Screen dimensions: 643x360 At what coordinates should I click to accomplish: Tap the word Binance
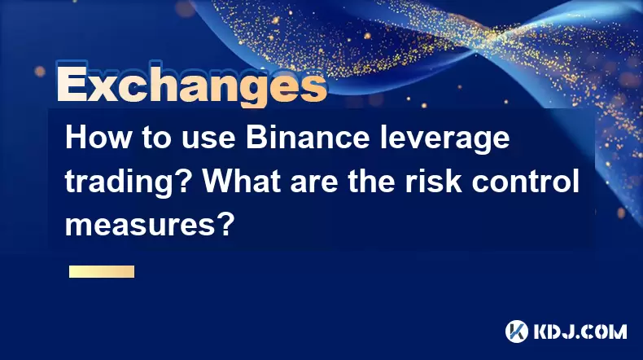308,138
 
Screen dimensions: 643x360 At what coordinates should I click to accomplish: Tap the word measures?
150,224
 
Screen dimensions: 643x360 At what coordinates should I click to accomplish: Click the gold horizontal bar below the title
102,272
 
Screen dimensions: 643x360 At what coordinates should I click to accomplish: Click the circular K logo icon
517,331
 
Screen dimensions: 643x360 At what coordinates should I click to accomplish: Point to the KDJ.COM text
580,331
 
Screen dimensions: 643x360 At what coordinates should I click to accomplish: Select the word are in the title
314,184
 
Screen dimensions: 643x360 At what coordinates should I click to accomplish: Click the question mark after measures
227,224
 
